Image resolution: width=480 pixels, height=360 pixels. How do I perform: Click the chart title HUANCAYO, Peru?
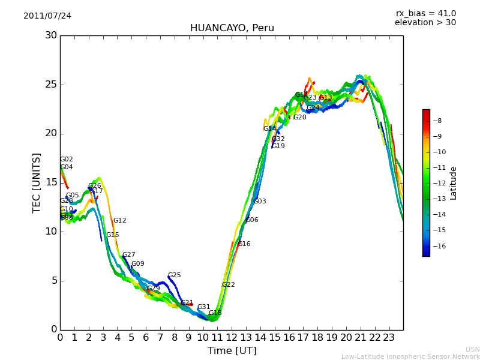coord(232,28)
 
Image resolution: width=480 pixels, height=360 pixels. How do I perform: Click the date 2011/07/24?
coord(47,16)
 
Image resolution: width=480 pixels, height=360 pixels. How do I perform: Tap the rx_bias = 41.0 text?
coord(425,14)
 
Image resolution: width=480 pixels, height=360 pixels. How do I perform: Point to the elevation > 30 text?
coord(425,23)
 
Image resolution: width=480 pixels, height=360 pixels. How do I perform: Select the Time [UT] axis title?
coord(232,351)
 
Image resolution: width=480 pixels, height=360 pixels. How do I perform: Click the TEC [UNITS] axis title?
coord(37,182)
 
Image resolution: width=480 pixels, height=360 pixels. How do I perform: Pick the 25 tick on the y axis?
coord(51,85)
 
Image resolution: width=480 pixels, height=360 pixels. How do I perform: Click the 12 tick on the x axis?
coord(232,337)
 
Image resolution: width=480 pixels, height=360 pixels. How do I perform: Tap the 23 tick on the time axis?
coord(389,337)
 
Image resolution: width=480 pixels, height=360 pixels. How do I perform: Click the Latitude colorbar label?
coord(454,183)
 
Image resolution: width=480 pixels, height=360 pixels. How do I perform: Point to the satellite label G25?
coord(174,275)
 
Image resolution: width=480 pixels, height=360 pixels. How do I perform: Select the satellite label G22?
coord(228,285)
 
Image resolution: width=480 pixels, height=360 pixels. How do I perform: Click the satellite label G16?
coord(244,244)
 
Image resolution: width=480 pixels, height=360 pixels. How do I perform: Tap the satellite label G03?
coord(259,202)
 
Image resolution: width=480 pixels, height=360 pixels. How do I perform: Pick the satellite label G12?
coord(120,221)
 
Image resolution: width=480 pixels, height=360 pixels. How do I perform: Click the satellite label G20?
coord(299,118)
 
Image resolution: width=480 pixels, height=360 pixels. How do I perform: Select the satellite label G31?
coord(203,307)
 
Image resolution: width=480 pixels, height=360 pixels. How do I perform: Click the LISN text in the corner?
coord(472,349)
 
